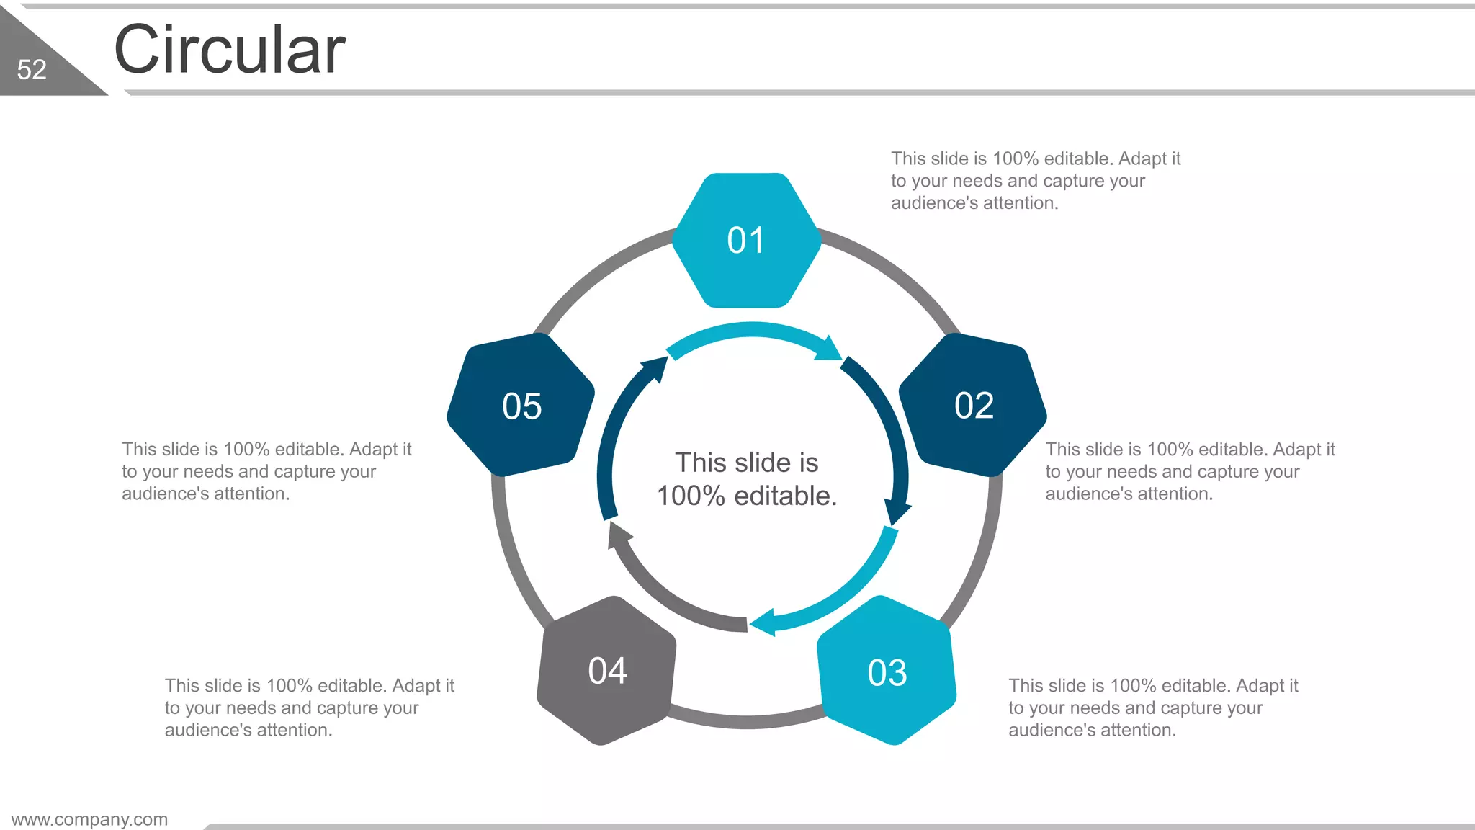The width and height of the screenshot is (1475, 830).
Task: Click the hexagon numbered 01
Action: tap(747, 241)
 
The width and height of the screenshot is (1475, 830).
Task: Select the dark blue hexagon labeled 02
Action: tap(973, 405)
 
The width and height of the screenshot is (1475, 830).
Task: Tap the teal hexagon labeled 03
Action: tap(887, 671)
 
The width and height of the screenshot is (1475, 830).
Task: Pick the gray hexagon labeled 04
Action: tap(607, 671)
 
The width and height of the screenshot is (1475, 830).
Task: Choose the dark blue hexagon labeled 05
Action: tap(521, 406)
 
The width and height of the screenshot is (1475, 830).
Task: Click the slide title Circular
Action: tap(230, 50)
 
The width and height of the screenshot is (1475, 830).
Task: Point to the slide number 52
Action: tap(32, 70)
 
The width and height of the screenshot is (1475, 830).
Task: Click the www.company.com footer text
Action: tap(89, 819)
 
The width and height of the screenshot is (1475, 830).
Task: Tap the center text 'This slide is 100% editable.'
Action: tap(747, 479)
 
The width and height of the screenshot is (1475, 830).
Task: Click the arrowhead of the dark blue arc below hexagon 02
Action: tap(897, 512)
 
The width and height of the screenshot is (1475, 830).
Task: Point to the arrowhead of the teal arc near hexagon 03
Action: tap(764, 622)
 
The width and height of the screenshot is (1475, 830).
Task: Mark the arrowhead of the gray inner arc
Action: tap(617, 535)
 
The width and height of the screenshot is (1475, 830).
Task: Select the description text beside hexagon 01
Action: tap(1035, 181)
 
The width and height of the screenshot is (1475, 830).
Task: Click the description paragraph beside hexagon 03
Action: tap(1152, 708)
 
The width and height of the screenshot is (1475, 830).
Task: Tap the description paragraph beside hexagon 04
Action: tap(309, 708)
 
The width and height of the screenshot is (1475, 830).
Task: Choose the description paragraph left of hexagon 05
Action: tap(266, 471)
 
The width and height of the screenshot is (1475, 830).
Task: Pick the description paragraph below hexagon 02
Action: tap(1190, 471)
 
